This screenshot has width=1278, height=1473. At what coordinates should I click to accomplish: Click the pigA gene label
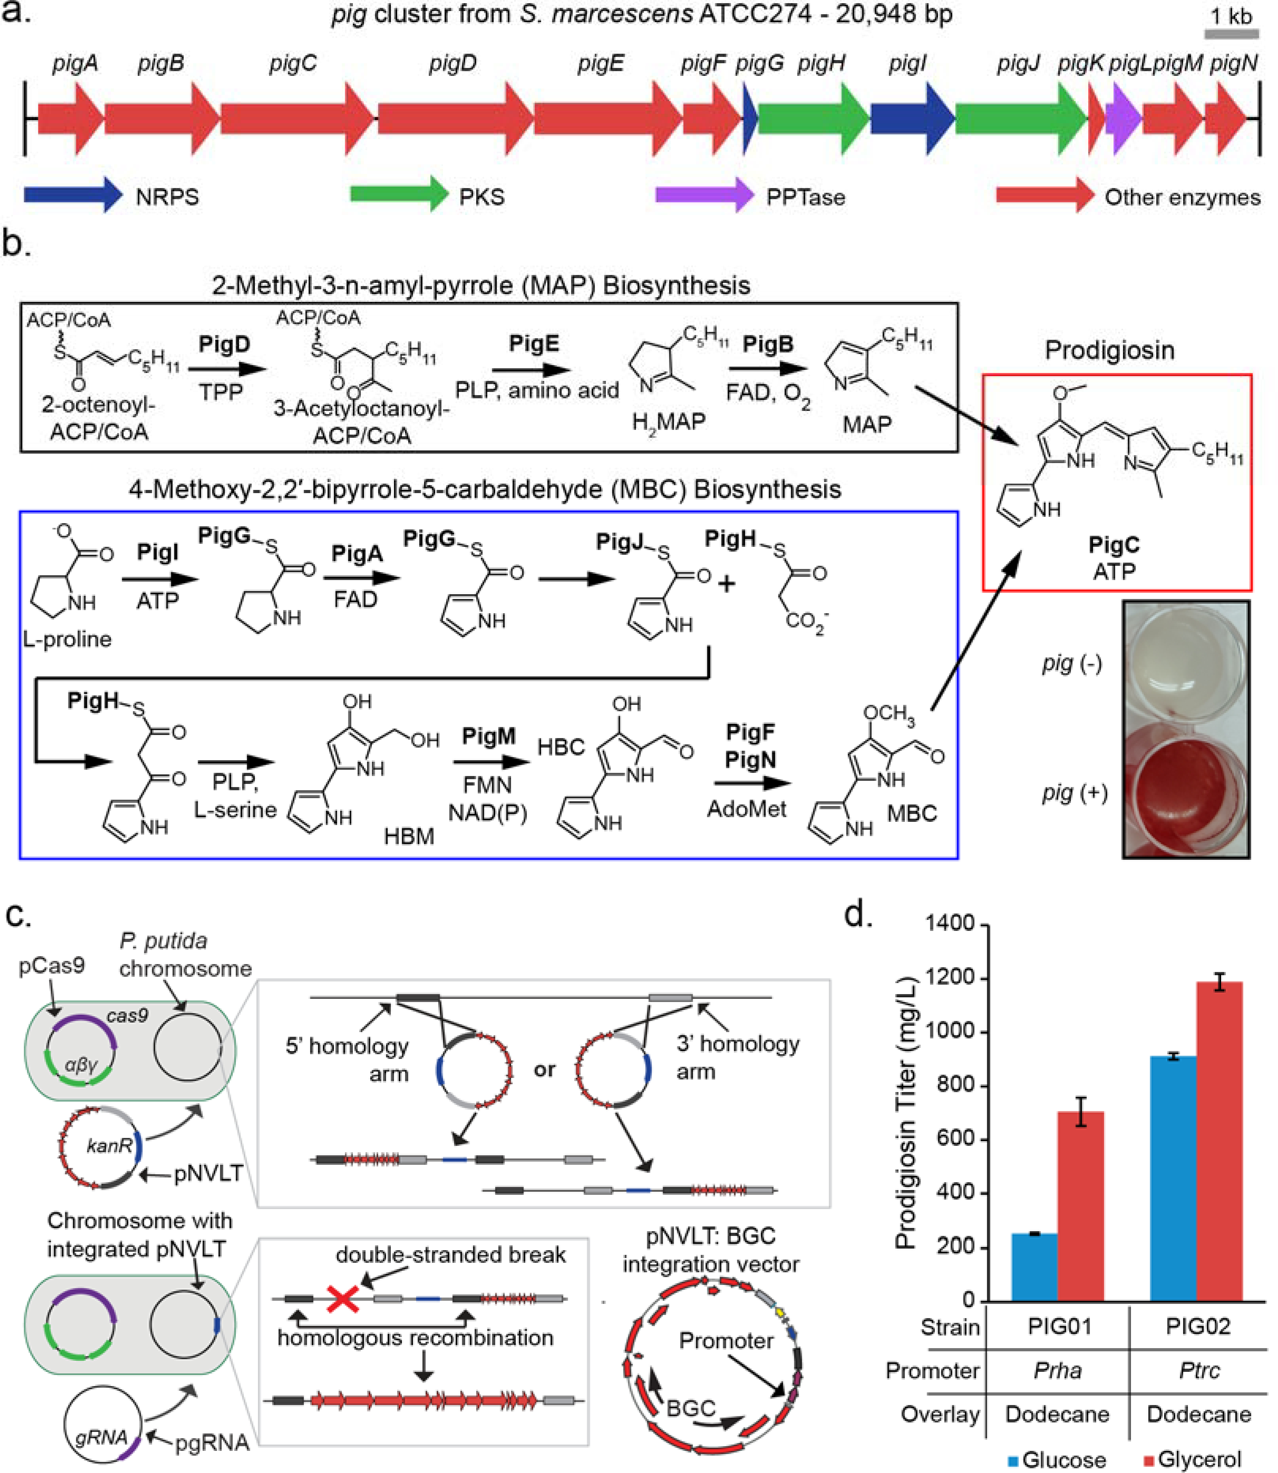click(75, 64)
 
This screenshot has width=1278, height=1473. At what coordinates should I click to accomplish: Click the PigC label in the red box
click(1113, 545)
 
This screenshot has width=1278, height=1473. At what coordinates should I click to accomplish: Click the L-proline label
click(67, 639)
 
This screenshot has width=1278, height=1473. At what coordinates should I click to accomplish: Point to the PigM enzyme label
click(488, 736)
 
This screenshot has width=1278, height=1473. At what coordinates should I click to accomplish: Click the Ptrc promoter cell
click(1199, 1370)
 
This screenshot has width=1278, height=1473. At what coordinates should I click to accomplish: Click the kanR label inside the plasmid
click(109, 1146)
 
